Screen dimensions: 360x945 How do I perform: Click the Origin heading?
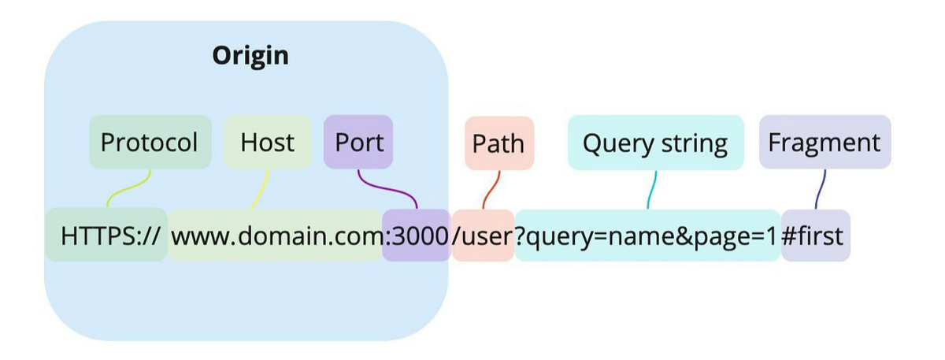point(250,56)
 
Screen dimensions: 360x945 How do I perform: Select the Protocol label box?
point(150,143)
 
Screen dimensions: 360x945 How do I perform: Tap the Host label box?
point(268,143)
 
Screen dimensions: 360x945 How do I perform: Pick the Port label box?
point(358,143)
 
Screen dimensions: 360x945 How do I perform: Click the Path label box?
point(498,143)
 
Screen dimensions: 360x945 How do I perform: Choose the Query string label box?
point(655,143)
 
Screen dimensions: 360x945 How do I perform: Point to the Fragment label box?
point(825,143)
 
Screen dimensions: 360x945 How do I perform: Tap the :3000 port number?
point(416,235)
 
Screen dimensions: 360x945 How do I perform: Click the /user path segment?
point(483,235)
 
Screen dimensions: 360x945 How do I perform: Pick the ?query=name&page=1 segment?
point(647,235)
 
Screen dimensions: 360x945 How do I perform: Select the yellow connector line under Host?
point(261,189)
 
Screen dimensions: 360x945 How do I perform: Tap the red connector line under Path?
point(491,189)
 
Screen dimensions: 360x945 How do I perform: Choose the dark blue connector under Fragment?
point(821,189)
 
